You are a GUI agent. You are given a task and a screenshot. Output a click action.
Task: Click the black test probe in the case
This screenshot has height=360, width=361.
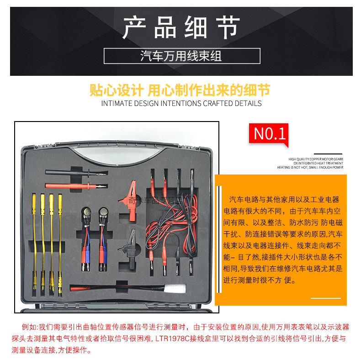69,173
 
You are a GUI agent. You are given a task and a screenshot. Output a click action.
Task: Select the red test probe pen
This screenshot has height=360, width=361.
69,186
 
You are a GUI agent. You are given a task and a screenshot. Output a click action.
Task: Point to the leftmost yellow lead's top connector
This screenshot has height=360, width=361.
34,199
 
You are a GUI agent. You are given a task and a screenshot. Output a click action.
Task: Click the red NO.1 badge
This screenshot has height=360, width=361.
270,133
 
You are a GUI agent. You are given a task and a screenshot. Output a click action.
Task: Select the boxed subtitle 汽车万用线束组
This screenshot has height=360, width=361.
181,56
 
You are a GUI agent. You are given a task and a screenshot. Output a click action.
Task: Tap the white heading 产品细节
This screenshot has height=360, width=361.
181,27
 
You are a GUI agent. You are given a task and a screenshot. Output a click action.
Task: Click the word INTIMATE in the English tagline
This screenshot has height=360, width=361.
116,103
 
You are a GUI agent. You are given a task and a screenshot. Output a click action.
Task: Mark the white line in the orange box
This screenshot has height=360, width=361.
326,298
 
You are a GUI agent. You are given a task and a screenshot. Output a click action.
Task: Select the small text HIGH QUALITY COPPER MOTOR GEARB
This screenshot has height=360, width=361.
316,159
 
